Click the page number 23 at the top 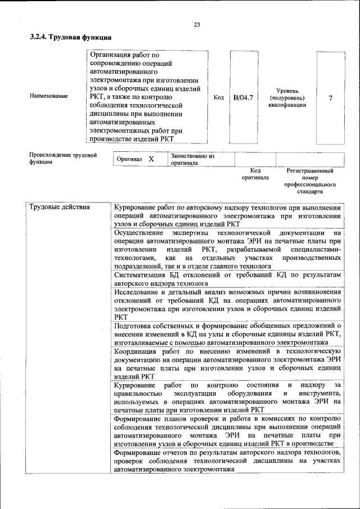tap(196, 24)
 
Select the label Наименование tap(48, 96)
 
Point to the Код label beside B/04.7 tap(219, 97)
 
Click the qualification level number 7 tap(330, 98)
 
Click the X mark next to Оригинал tap(151, 159)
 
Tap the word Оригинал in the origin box tap(129, 160)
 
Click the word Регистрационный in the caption tap(310, 170)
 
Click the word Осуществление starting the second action tap(138, 232)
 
